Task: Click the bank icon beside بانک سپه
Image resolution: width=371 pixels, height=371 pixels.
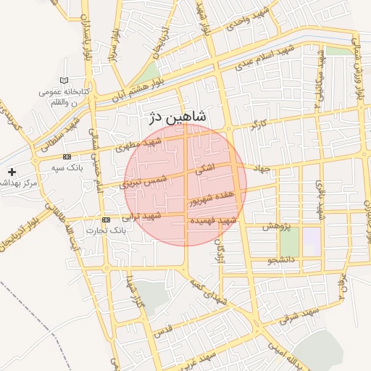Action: click(x=67, y=157)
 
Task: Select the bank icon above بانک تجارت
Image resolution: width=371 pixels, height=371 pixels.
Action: click(x=106, y=219)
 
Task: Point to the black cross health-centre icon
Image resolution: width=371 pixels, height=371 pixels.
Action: click(x=11, y=172)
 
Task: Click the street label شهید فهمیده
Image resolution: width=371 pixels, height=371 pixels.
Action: click(x=212, y=220)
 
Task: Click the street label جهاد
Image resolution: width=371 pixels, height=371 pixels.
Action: click(x=262, y=169)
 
